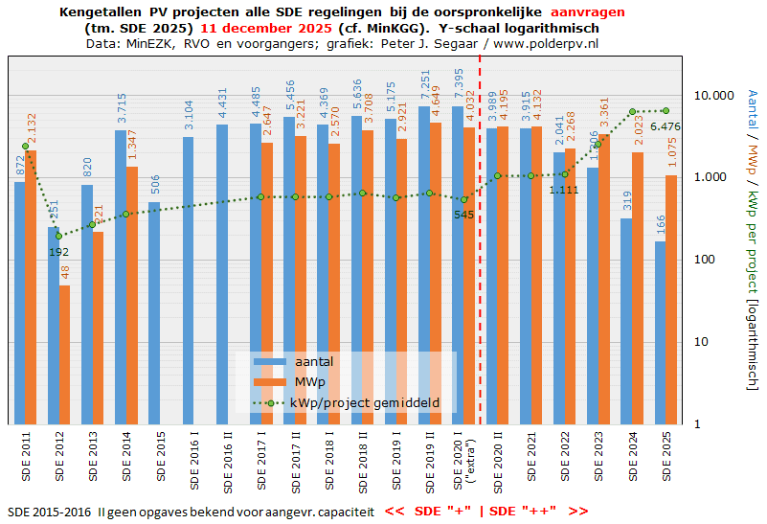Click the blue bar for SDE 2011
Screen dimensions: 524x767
click(19, 303)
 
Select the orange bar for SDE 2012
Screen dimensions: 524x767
click(64, 354)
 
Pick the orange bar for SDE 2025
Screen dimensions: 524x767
click(671, 299)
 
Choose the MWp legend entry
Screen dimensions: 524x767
click(305, 382)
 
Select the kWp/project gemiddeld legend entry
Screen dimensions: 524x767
click(365, 403)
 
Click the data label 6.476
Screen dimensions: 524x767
click(665, 126)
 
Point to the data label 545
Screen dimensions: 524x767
click(463, 215)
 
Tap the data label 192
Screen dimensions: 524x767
click(58, 252)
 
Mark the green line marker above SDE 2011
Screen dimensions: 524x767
click(25, 146)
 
